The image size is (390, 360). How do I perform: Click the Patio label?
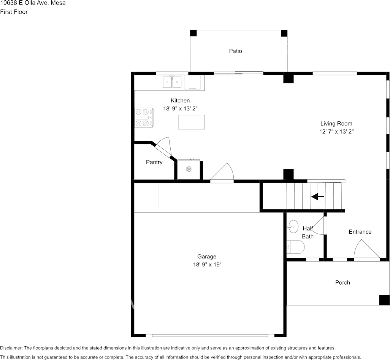click(235, 51)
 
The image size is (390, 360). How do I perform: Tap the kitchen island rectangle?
click(191, 122)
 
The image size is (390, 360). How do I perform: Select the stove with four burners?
click(144, 118)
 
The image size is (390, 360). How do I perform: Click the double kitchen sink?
click(172, 82)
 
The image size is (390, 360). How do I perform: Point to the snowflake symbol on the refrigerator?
click(189, 169)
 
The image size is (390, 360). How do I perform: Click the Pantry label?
click(154, 162)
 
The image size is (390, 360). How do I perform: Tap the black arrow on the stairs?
click(318, 197)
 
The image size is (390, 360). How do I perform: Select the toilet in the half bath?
click(295, 247)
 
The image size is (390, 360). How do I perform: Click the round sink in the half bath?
click(293, 226)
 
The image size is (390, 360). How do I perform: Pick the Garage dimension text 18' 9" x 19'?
click(207, 264)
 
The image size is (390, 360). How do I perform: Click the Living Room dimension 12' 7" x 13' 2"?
click(336, 131)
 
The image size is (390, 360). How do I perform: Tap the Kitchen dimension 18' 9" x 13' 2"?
click(180, 108)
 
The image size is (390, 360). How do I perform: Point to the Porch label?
click(342, 283)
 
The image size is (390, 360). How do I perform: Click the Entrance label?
click(360, 232)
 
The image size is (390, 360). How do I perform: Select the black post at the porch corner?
click(384, 300)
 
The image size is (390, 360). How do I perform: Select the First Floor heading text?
click(14, 12)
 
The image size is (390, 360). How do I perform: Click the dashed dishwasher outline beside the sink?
click(192, 82)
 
